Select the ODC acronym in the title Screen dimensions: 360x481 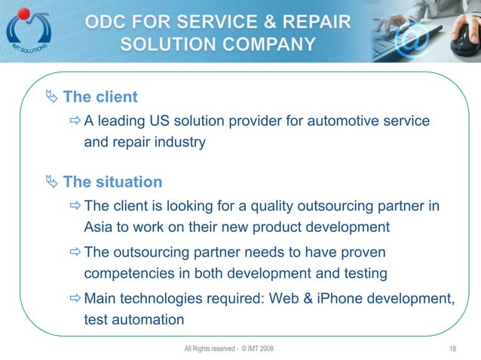(x=108, y=22)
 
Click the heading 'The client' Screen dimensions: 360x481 (x=100, y=97)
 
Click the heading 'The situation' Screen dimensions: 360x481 (x=112, y=182)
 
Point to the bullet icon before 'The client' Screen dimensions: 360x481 (x=51, y=97)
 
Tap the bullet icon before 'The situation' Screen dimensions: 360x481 (x=51, y=182)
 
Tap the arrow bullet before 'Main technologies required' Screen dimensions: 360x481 (x=75, y=298)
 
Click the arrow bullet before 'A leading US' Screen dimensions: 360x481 (x=75, y=121)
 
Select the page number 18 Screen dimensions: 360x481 (x=452, y=348)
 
